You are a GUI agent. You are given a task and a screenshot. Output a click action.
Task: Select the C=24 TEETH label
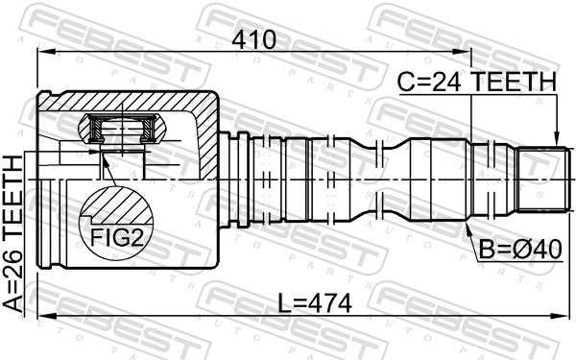[477, 83]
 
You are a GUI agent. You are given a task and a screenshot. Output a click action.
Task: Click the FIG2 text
[116, 236]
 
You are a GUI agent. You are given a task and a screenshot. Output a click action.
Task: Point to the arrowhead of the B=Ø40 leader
[468, 226]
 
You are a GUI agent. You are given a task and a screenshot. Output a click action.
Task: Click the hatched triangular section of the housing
[204, 134]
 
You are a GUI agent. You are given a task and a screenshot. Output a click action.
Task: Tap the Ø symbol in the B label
[519, 249]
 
